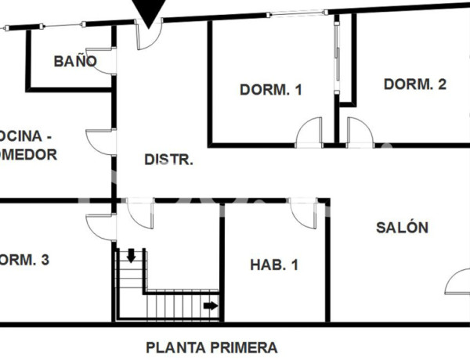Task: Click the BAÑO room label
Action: click(75, 61)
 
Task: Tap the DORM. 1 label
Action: click(271, 90)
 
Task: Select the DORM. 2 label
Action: click(414, 85)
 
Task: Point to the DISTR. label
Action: click(169, 160)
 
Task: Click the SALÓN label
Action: click(403, 228)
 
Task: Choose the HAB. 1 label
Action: click(274, 265)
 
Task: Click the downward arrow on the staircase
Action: click(131, 255)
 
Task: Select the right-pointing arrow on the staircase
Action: click(211, 305)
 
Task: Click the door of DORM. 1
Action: click(310, 133)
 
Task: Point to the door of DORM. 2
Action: click(359, 133)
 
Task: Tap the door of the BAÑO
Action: click(106, 61)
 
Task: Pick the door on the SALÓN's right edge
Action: click(458, 282)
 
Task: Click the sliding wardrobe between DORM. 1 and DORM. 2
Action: click(338, 59)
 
